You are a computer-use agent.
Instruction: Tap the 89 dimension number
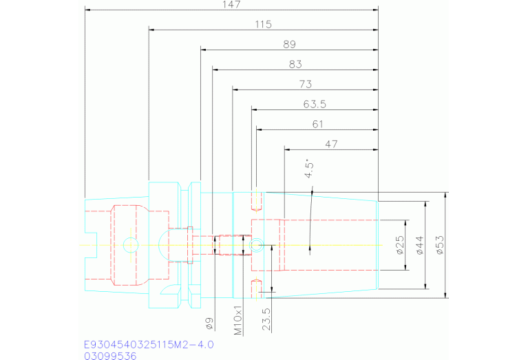coord(289,45)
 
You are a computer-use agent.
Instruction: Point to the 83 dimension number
coord(296,65)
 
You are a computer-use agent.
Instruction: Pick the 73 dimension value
coord(306,84)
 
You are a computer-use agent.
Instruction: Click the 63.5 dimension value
coord(314,104)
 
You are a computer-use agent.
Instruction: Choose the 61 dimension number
coord(317,124)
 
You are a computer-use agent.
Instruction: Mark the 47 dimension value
coord(332,144)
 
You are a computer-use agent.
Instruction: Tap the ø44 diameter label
coord(419,245)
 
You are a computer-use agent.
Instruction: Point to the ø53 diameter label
coord(439,245)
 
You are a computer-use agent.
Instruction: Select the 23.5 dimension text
coord(266,319)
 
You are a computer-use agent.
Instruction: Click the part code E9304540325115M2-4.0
coord(149,344)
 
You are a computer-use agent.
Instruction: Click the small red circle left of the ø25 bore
coord(256,244)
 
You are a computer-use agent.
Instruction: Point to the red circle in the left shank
coord(129,244)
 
